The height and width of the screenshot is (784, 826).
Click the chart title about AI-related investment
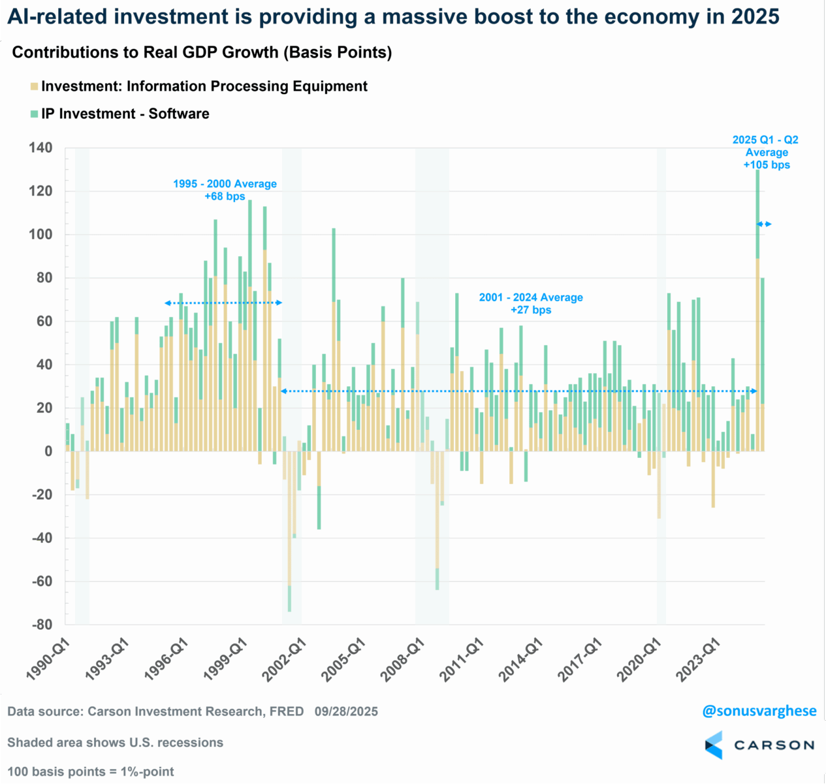point(393,16)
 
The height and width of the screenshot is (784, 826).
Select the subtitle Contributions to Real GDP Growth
point(202,52)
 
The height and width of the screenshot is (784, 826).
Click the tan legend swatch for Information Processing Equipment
point(34,86)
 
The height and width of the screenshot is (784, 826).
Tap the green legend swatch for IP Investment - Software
point(34,114)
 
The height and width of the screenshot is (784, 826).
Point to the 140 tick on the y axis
point(40,148)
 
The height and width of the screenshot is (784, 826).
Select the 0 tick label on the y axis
point(48,451)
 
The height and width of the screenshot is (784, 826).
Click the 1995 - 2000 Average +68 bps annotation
point(225,189)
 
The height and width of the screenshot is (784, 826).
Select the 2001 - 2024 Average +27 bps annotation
point(531,303)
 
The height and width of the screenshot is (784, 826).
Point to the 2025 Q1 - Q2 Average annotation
point(766,152)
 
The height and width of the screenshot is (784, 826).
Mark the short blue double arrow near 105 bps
point(764,224)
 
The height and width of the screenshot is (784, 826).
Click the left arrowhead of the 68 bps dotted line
point(167,303)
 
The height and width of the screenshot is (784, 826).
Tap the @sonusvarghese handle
point(759,711)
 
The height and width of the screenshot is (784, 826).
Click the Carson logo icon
point(714,745)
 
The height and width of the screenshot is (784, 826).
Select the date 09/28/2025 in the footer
point(346,711)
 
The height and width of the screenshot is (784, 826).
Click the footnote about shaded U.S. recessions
point(116,742)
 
